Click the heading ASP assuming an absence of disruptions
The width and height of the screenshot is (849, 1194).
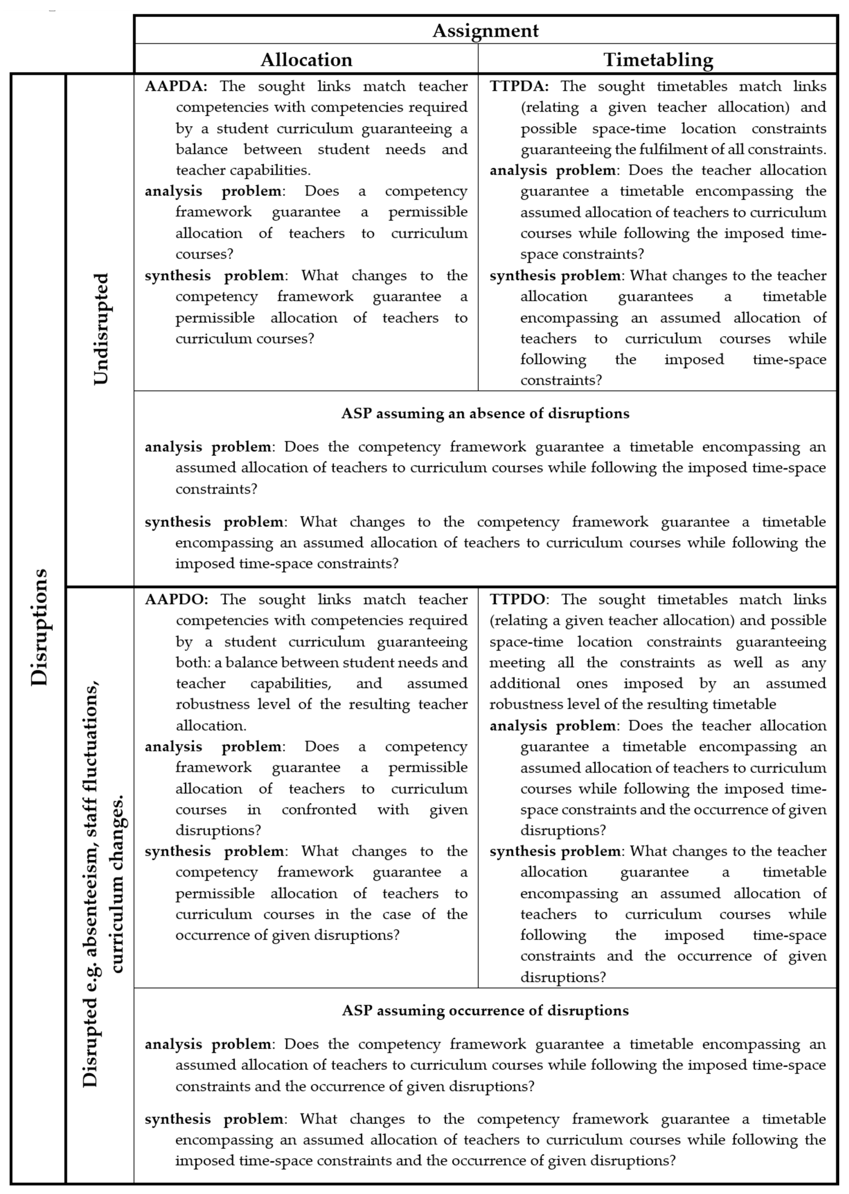coord(485,414)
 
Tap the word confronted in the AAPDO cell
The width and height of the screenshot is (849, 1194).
coord(319,810)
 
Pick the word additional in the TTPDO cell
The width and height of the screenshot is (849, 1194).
coord(524,684)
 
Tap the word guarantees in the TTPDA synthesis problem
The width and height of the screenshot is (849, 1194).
coord(655,297)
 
